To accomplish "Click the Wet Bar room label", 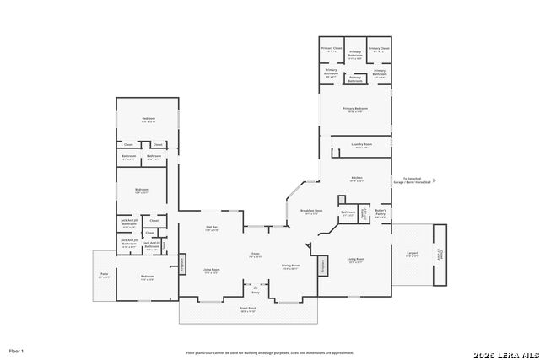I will click(x=212, y=228).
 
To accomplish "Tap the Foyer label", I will click(x=254, y=254).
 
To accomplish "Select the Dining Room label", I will click(x=290, y=266).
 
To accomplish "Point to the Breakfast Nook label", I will click(x=310, y=212).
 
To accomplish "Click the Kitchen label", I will click(x=356, y=178).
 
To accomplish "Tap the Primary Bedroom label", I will click(x=355, y=109).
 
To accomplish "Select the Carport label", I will click(x=412, y=254).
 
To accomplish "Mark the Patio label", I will click(x=104, y=275).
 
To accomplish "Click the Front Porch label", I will click(x=248, y=309).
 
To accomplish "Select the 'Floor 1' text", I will click(x=17, y=350).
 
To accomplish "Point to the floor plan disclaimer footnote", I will click(x=270, y=352).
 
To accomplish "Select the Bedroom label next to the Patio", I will click(x=148, y=277).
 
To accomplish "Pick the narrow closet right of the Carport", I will click(x=440, y=254).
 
